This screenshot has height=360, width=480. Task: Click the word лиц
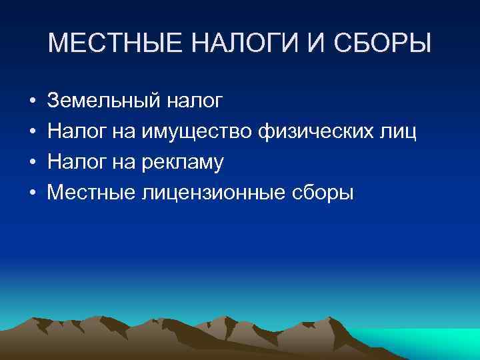click(399, 132)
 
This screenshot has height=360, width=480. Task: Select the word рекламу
click(182, 163)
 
